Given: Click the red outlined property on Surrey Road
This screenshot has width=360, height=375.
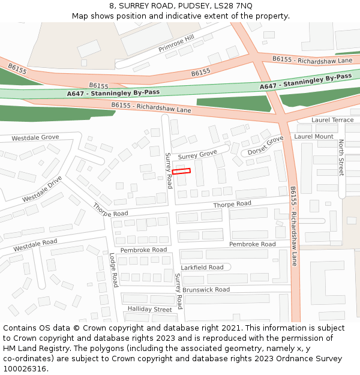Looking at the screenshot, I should pos(181,171).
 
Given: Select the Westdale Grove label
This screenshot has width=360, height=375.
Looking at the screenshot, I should pos(35,137).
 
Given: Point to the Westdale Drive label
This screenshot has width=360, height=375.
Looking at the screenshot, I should pos(42,190).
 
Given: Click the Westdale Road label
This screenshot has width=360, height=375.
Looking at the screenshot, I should pos(35,245).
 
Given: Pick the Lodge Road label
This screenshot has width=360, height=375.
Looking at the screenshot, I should pos(113,270).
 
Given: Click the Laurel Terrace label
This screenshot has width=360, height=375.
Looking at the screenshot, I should pos(332,120).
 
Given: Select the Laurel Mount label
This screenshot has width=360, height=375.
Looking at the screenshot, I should pos(314,137).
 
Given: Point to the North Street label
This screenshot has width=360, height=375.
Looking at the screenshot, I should pos(341,158).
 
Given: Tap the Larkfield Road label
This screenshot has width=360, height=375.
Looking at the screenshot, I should pos(202,268).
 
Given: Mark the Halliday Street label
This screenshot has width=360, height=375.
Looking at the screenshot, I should pos(149,310).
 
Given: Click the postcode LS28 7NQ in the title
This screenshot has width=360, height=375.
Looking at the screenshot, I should pos(232,6).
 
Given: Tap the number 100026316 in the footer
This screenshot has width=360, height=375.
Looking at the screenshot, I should pos(25,368).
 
